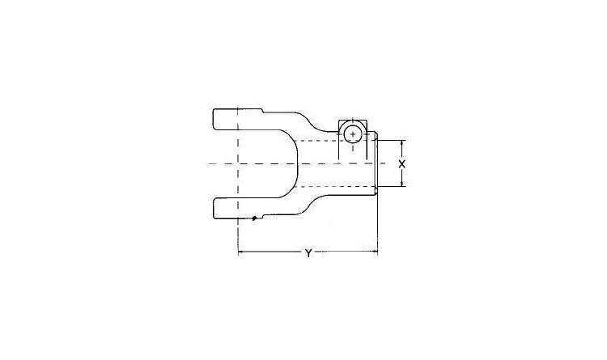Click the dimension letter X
[x=402, y=163]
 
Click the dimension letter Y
[x=308, y=253]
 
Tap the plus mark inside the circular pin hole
[x=353, y=134]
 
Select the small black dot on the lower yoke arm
[x=254, y=218]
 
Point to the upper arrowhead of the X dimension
[x=402, y=143]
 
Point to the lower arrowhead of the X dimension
[x=402, y=184]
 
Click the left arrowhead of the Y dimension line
[x=240, y=252]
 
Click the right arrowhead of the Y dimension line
[x=375, y=252]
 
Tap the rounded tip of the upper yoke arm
[x=214, y=119]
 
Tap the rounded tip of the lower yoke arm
[x=214, y=209]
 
